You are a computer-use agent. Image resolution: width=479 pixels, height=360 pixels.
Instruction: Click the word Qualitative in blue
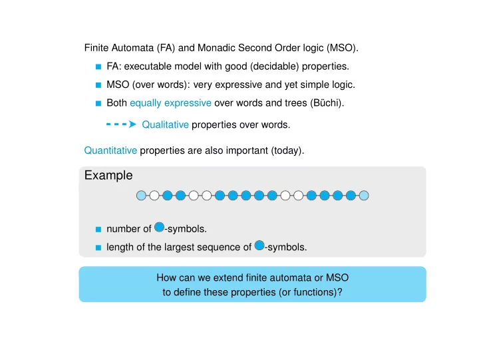point(165,124)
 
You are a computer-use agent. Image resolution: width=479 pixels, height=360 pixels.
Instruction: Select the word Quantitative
point(110,150)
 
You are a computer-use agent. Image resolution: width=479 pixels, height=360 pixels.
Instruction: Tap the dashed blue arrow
point(121,124)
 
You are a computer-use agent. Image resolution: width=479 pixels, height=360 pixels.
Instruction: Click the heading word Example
point(108,176)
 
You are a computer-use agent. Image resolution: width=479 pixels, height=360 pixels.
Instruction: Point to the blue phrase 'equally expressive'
point(170,103)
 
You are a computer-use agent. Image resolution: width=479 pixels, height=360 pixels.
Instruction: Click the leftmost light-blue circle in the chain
point(141,196)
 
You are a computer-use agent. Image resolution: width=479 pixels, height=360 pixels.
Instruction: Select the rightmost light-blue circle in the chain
point(364,196)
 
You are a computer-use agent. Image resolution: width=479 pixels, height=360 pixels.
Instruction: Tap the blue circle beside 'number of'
point(159,227)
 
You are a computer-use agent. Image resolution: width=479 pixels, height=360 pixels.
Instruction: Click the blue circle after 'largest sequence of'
point(259,246)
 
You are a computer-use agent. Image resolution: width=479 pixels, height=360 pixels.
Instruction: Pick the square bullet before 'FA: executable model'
point(98,67)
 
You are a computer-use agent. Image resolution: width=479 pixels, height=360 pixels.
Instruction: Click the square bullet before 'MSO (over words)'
point(98,85)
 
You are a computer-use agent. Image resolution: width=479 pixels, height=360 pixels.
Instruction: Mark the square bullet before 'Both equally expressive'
point(98,103)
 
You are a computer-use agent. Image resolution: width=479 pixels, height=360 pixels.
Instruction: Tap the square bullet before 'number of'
point(98,229)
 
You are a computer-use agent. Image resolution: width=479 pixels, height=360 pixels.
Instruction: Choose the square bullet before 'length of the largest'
point(98,248)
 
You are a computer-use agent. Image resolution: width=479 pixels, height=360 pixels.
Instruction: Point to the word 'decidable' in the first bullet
point(274,67)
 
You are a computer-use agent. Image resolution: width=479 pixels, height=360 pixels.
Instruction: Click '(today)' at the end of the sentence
point(287,150)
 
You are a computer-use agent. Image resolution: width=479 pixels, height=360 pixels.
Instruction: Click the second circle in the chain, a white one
point(154,196)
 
